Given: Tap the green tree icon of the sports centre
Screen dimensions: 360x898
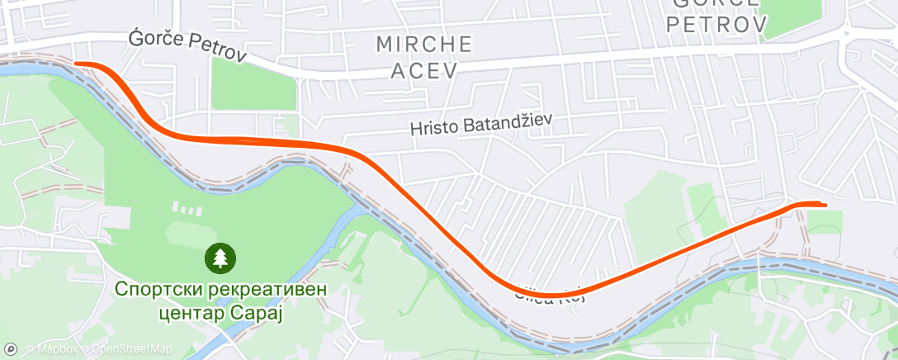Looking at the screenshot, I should tap(220, 258).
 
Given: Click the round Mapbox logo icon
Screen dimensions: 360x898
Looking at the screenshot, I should tap(11, 348).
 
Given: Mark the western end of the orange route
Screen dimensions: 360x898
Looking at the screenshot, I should tap(76, 63).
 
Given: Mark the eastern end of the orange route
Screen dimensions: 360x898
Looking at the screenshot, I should tap(824, 204).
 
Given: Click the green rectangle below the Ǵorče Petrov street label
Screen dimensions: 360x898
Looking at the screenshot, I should tap(253, 83).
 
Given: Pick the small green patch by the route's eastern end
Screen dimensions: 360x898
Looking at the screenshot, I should tap(824, 220).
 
